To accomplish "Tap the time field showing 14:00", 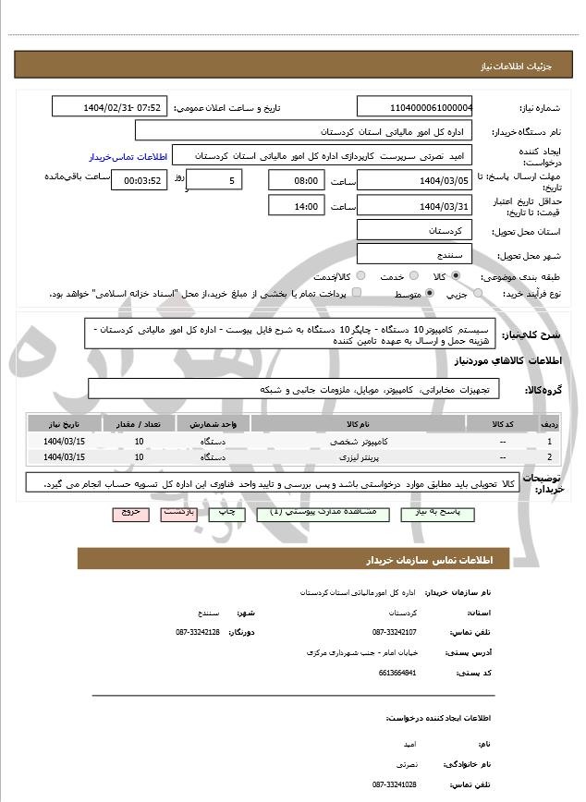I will coord(296,206).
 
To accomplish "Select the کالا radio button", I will coord(455,276).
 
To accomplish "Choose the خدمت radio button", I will coord(404,276).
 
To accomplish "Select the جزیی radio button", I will coord(478,294).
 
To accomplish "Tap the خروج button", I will coord(129,511).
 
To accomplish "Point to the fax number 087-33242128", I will coord(197,632).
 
